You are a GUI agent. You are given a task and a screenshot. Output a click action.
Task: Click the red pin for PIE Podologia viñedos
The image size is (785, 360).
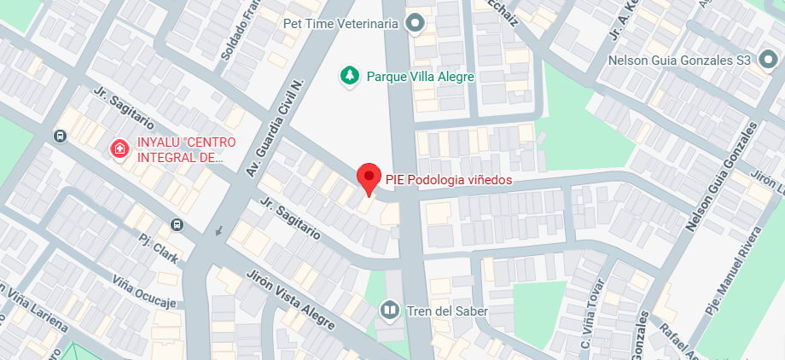click(368, 177)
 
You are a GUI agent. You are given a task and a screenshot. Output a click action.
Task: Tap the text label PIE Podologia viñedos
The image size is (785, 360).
click(448, 179)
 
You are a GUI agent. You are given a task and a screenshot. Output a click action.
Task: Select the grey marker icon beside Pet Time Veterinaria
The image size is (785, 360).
click(416, 23)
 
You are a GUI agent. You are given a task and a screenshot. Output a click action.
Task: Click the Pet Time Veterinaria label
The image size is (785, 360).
click(340, 24)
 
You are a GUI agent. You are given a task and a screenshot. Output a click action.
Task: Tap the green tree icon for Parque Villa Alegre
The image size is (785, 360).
click(349, 76)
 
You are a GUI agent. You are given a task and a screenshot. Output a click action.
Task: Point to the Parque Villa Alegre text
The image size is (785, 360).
click(420, 77)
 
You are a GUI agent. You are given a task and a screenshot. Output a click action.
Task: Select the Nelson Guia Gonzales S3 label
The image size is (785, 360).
click(678, 61)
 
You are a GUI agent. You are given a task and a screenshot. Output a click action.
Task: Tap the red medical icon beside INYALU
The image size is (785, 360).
click(119, 149)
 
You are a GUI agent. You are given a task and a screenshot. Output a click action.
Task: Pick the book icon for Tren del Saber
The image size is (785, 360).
click(390, 311)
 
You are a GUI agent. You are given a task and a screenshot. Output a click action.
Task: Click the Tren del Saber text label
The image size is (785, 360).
click(447, 311)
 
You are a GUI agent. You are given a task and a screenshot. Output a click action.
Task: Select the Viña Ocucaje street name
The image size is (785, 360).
click(144, 291)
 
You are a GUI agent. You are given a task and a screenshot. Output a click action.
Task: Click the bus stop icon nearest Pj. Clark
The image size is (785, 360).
click(177, 224)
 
